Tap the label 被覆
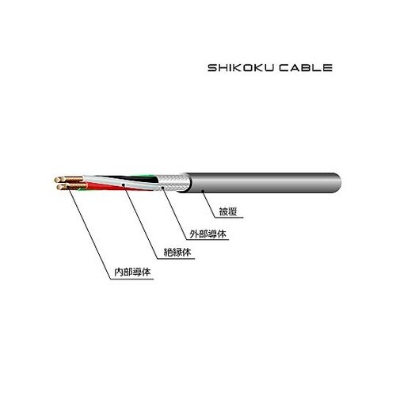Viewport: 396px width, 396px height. (x=228, y=211)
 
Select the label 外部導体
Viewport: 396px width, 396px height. (x=208, y=234)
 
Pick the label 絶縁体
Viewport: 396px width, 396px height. (x=177, y=253)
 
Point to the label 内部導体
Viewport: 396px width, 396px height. (x=132, y=272)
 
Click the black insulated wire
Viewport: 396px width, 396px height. (x=132, y=179)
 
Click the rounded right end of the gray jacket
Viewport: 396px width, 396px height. (x=337, y=183)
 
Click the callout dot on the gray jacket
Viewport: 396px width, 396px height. (x=203, y=191)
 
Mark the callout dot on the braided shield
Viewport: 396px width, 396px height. (x=162, y=187)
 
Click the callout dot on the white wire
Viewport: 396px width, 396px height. (x=123, y=185)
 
